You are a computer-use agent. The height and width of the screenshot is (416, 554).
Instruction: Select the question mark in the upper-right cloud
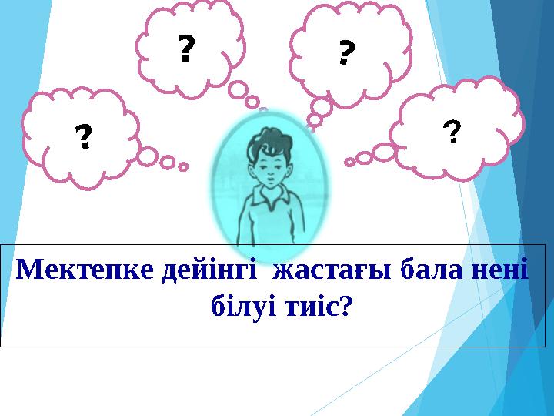346,52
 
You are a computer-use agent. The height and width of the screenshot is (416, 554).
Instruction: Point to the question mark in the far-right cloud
452,133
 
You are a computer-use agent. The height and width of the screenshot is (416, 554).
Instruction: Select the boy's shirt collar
267,202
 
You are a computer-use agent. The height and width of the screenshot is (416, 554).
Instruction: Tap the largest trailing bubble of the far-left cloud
148,156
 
